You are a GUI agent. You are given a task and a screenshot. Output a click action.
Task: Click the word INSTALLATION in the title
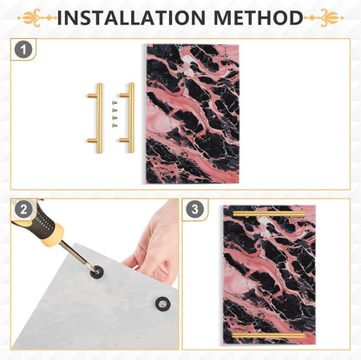[x=131, y=17]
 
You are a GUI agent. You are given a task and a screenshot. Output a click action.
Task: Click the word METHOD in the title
[x=259, y=17]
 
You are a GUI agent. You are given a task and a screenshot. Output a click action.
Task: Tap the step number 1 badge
[x=23, y=49]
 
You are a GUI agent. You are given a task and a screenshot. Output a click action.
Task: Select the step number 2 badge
[x=23, y=209]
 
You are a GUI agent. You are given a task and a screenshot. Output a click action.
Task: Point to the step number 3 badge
[x=194, y=209]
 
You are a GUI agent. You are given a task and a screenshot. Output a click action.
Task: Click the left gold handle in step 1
[x=98, y=118]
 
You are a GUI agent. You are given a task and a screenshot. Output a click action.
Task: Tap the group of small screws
[x=115, y=114]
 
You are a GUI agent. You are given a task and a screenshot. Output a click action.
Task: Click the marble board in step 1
[x=193, y=114]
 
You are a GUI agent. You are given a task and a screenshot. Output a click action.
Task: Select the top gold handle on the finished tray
[x=269, y=214]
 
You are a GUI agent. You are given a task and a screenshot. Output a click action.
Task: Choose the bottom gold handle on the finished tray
[x=269, y=336]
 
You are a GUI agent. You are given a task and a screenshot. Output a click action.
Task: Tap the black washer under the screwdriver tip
[x=97, y=272]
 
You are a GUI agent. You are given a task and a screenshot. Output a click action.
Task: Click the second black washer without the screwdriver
[x=162, y=304]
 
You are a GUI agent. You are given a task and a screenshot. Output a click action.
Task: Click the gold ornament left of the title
[x=36, y=18]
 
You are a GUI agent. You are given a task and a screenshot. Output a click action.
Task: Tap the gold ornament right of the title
[x=325, y=18]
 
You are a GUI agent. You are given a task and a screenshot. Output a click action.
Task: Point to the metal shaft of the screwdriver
[x=77, y=257]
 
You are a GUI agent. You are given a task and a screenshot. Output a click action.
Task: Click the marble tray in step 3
[x=269, y=275]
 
